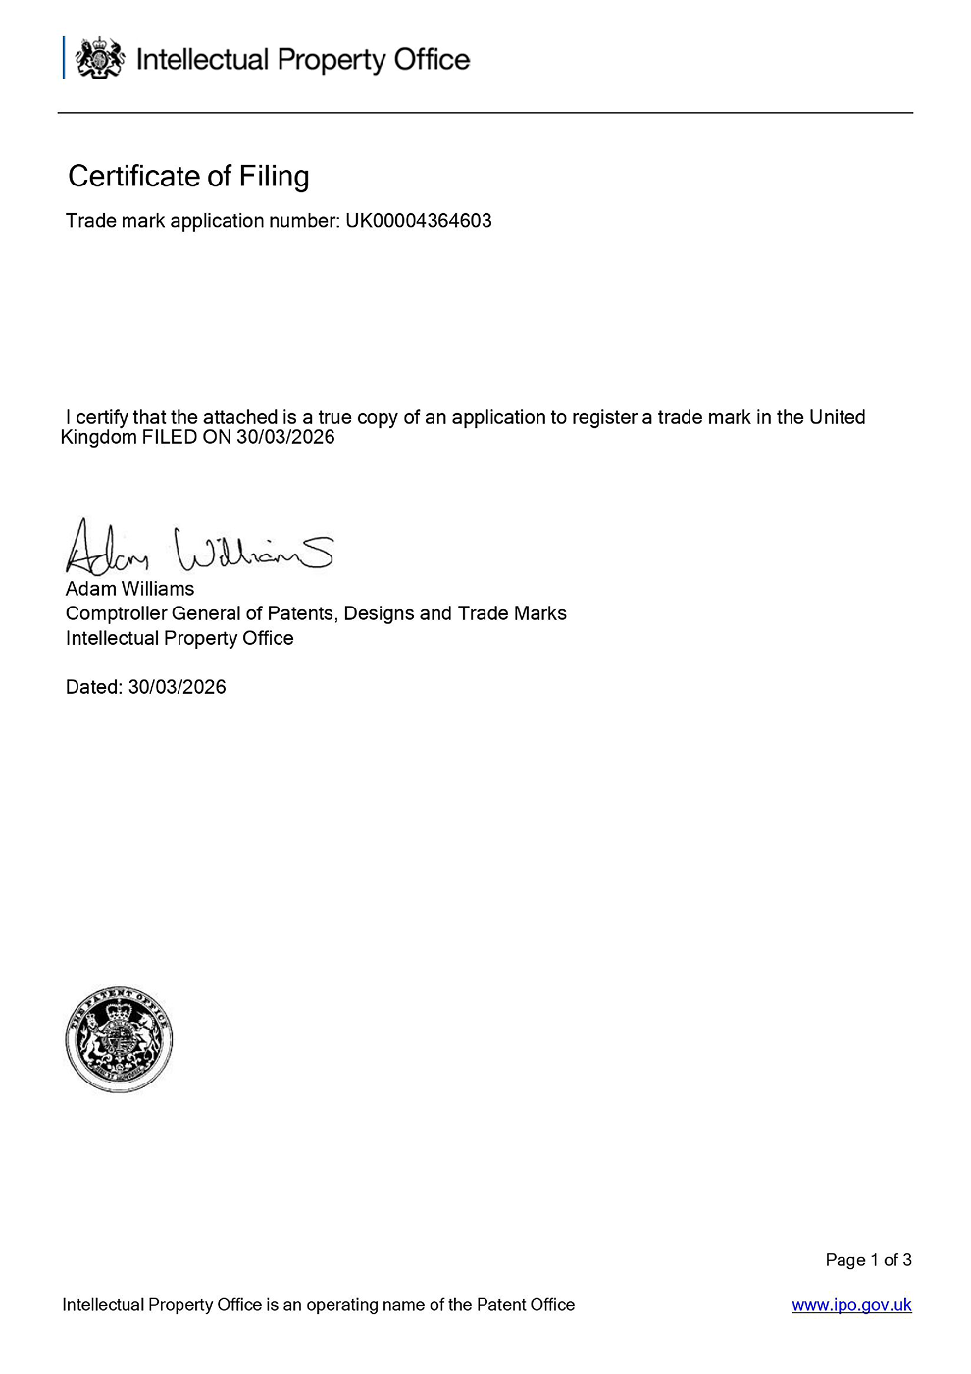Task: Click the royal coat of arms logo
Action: (x=100, y=59)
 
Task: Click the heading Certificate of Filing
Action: (x=188, y=176)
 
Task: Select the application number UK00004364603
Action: (x=419, y=221)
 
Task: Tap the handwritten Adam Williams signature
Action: (x=199, y=548)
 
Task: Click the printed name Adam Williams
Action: (x=129, y=589)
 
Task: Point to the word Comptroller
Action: (x=116, y=613)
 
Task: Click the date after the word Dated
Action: (x=178, y=687)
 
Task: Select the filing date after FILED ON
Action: (x=285, y=437)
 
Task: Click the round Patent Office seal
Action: (x=119, y=1040)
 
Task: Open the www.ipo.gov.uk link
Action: (x=851, y=1305)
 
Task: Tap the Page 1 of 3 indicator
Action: (x=868, y=1260)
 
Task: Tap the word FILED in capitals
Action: (x=170, y=437)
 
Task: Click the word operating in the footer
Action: (x=342, y=1305)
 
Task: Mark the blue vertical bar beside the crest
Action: (x=65, y=58)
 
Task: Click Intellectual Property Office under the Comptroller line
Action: (x=179, y=638)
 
